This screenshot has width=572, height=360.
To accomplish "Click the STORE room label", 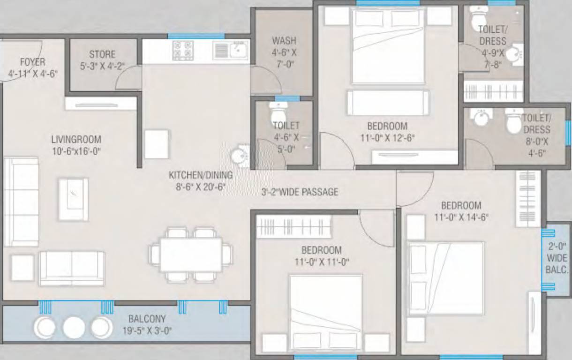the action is tap(102, 54).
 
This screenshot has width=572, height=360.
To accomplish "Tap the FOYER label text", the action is tap(33, 62).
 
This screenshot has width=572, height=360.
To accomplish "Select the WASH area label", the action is tap(284, 41).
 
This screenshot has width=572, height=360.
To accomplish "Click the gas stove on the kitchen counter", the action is tap(183, 51).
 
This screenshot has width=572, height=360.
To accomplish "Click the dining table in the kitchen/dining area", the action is tap(191, 255).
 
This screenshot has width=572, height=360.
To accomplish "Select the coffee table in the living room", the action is tap(74, 199).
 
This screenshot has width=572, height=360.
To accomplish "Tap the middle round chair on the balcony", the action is tap(74, 328).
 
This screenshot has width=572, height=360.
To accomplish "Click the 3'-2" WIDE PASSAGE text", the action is tap(300, 192).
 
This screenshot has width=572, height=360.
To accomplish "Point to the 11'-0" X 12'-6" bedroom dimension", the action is tap(387, 138).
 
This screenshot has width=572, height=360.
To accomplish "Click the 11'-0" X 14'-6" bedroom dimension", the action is tap(461, 217).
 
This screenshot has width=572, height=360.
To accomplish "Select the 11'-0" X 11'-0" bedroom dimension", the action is tap(322, 262).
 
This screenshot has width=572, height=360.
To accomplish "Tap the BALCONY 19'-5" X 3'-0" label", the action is tap(147, 325).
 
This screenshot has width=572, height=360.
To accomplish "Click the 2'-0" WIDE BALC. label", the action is tap(557, 258).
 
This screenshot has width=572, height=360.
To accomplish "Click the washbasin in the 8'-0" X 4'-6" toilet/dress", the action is tap(481, 118).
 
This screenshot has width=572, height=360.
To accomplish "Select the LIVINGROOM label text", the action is tap(76, 140).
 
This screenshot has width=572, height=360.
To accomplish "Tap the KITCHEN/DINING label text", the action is tap(201, 175).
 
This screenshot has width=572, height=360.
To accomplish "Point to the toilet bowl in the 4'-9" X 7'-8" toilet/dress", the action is tap(479, 16).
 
